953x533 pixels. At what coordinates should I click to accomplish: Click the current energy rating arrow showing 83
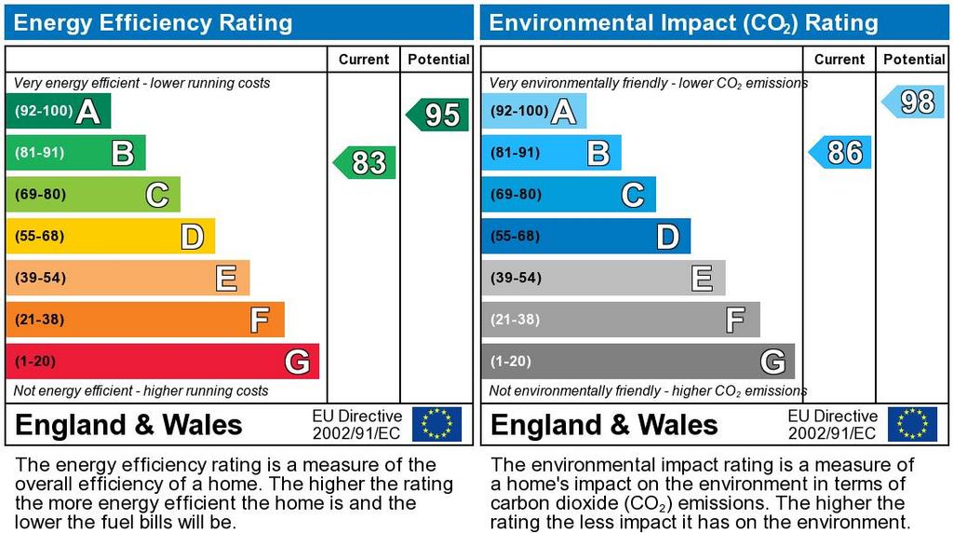tap(366, 163)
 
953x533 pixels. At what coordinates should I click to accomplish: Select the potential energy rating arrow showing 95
tap(438, 115)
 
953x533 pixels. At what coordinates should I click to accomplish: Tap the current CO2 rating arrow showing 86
tap(841, 152)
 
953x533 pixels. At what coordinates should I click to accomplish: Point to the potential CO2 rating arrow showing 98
tap(914, 102)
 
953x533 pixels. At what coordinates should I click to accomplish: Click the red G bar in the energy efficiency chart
tap(162, 362)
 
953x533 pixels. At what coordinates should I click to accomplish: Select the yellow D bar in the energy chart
tap(110, 236)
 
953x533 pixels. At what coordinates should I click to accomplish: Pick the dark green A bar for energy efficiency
tap(58, 111)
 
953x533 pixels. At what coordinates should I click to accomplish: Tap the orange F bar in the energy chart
tap(144, 320)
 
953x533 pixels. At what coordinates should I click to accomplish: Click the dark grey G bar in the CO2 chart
tap(638, 362)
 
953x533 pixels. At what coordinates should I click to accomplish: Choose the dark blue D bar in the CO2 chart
tap(585, 236)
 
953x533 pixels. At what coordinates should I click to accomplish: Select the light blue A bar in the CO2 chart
tap(533, 111)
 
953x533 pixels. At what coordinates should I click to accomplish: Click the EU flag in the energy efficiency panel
tap(436, 424)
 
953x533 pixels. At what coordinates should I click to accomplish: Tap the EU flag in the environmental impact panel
tap(912, 424)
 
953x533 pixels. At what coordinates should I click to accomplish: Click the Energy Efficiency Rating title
tap(154, 22)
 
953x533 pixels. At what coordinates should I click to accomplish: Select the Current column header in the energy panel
tap(364, 60)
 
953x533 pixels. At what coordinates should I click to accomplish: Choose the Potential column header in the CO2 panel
tap(914, 60)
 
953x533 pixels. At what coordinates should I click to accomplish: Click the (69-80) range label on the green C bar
tap(39, 195)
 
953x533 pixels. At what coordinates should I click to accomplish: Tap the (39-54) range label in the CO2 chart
tap(515, 278)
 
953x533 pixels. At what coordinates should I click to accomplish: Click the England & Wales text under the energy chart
tap(129, 425)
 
